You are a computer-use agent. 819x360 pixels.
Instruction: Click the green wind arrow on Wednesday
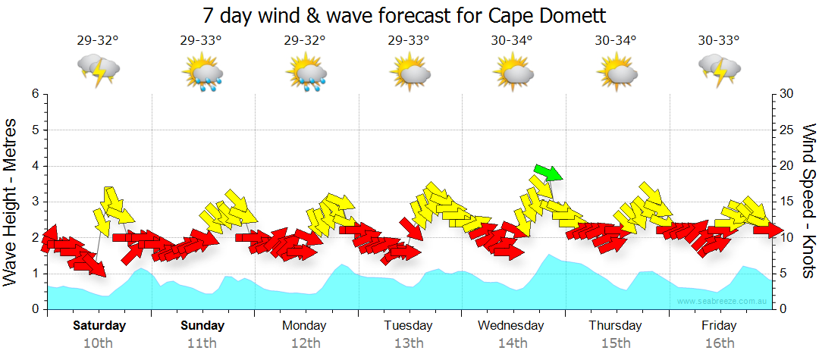click(548, 172)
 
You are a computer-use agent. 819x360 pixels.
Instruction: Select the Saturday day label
click(99, 326)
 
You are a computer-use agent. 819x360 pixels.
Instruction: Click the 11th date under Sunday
click(202, 343)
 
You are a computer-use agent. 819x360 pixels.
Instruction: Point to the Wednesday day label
click(510, 326)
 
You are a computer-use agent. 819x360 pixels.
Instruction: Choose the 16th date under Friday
click(719, 343)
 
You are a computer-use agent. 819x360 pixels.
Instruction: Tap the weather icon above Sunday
click(202, 73)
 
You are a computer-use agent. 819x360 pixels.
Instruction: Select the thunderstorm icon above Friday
click(719, 69)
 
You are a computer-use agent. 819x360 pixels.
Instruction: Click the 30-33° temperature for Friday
click(719, 40)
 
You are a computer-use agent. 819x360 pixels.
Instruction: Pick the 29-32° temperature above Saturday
click(98, 40)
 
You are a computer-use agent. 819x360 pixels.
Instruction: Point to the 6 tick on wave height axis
click(35, 94)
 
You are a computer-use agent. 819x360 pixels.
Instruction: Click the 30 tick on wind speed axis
click(786, 94)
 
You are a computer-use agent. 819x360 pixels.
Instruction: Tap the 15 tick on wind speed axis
click(786, 202)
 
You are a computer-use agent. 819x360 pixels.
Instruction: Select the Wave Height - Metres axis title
click(11, 202)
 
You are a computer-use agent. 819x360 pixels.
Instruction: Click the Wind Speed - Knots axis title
click(808, 202)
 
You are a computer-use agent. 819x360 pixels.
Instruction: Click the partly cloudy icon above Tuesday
click(410, 71)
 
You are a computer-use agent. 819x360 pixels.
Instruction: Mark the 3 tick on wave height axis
click(35, 202)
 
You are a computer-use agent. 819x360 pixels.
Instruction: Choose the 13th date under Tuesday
click(409, 343)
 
